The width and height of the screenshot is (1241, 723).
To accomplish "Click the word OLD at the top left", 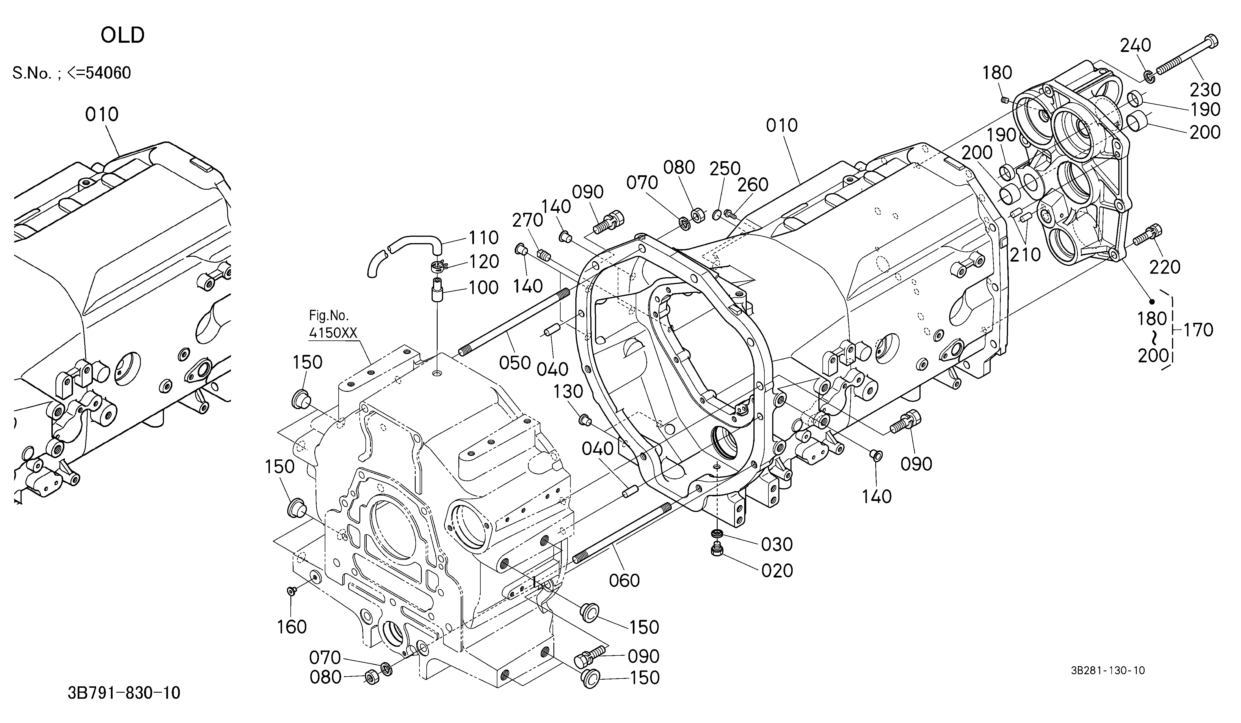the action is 123,36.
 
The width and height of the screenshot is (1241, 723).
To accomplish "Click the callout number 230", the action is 1205,90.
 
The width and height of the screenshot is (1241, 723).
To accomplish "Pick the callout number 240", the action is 1136,45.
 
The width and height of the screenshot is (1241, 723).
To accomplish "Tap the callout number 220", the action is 1165,267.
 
